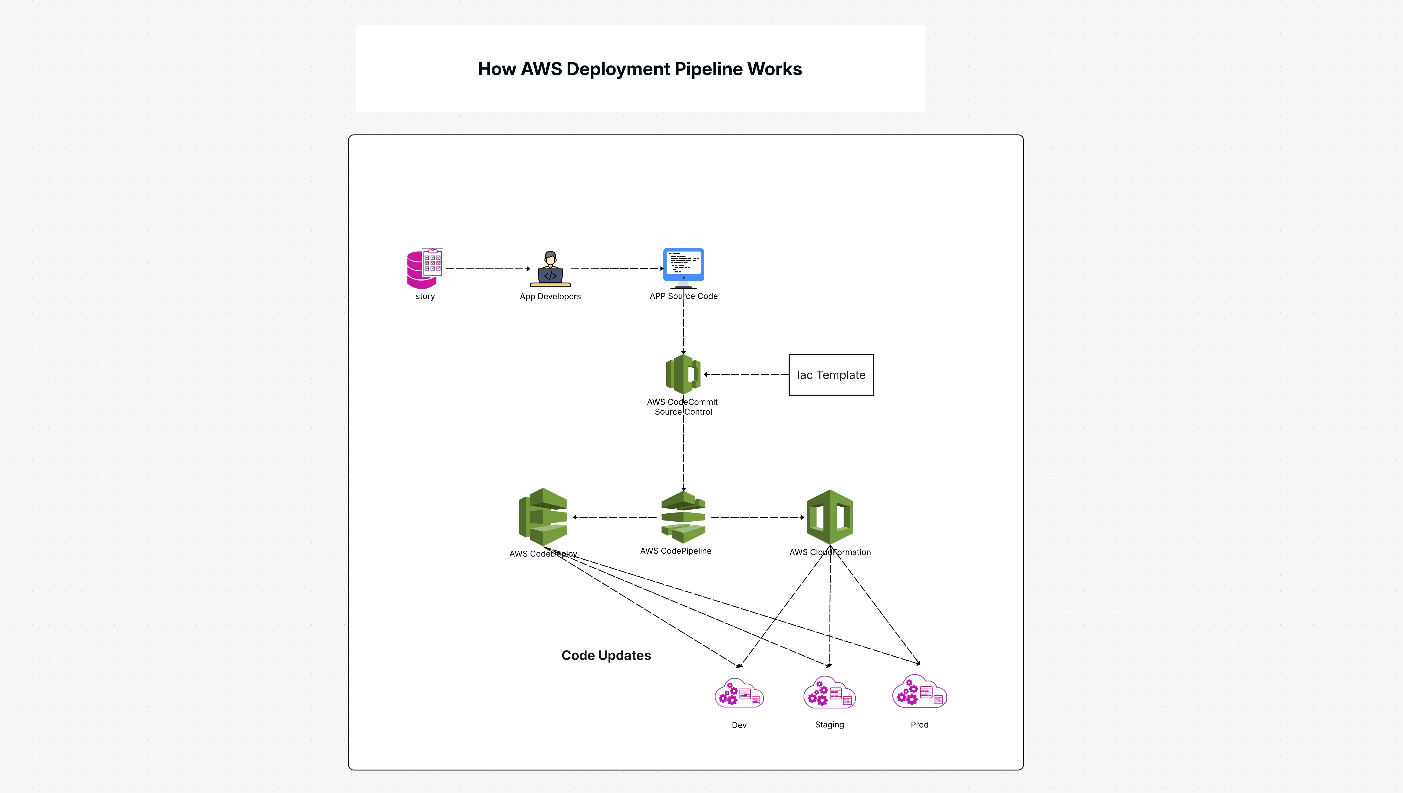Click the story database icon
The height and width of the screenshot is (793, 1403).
click(x=424, y=268)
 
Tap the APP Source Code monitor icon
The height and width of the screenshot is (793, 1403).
click(x=683, y=267)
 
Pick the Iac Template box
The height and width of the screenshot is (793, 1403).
click(x=831, y=375)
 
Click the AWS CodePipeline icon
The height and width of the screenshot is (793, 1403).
click(x=683, y=517)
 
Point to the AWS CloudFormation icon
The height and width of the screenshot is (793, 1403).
click(x=829, y=517)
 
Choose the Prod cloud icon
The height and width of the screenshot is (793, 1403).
click(x=919, y=692)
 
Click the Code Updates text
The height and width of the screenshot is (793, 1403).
click(x=606, y=655)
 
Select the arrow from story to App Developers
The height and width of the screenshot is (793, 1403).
click(x=488, y=268)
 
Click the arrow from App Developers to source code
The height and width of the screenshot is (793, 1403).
click(x=617, y=268)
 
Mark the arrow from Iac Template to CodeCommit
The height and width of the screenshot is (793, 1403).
click(x=747, y=375)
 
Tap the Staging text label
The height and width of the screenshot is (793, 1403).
click(x=829, y=725)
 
